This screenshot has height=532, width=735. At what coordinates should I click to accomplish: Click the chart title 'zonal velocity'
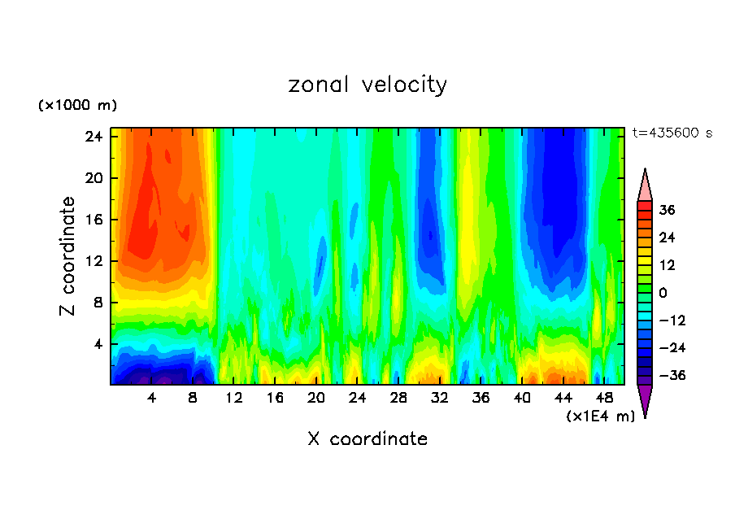click(367, 85)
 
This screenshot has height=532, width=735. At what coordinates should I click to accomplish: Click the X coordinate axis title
click(367, 439)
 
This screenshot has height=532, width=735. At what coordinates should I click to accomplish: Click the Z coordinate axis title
click(69, 256)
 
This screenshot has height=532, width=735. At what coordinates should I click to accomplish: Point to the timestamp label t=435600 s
click(672, 133)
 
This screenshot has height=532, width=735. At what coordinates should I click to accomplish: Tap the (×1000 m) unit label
click(78, 106)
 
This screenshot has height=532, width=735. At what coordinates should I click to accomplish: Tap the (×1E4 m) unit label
click(600, 416)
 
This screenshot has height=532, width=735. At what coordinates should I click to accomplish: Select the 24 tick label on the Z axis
click(94, 137)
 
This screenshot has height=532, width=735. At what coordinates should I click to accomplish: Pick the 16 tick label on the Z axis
click(94, 220)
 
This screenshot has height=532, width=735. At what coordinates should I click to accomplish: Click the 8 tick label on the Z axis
click(98, 303)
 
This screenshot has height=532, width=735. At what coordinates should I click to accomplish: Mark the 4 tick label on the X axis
click(152, 399)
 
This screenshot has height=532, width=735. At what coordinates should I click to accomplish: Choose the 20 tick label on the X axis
click(316, 399)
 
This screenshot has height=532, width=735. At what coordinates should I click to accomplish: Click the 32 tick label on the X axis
click(440, 399)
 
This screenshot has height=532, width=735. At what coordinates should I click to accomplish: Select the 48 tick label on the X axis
click(604, 399)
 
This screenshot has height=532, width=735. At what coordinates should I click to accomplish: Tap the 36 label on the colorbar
click(667, 210)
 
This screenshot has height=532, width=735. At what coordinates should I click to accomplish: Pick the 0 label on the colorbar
click(662, 293)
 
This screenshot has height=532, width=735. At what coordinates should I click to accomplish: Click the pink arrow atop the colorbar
click(645, 186)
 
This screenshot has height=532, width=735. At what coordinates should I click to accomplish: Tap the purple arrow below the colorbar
click(645, 399)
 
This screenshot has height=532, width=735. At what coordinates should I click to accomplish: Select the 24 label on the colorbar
click(667, 238)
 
